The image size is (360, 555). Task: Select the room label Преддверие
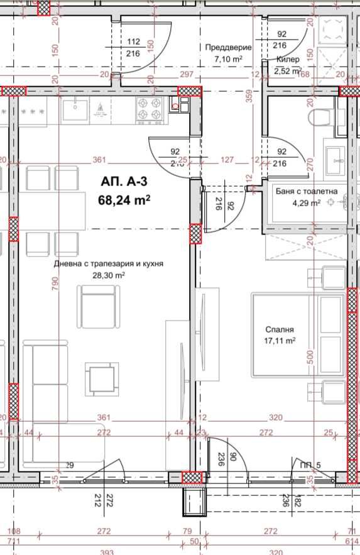[x=229, y=47]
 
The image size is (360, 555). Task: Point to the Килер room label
[x=288, y=59]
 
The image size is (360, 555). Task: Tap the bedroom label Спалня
[x=280, y=329]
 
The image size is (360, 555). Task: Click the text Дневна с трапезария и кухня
[x=108, y=264]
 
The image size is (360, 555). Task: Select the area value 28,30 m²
[x=108, y=275]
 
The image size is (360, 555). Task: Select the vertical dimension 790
[x=55, y=284]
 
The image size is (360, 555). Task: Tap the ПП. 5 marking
[x=310, y=464]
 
